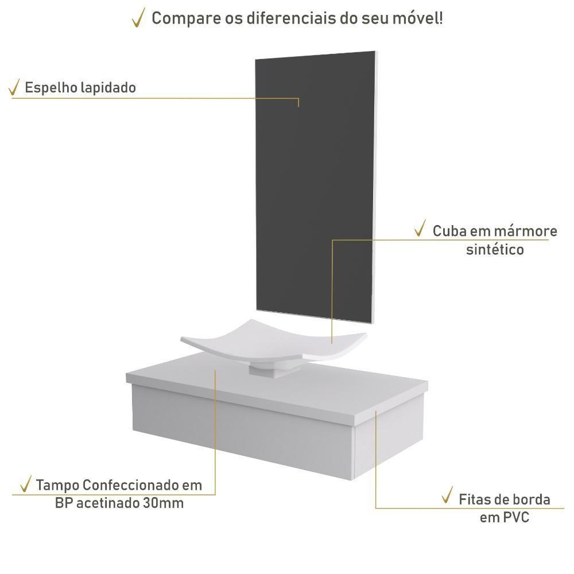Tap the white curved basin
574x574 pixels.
(273, 340)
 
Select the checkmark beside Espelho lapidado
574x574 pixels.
(14, 87)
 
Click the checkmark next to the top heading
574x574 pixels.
(138, 18)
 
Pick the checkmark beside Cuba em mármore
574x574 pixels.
(420, 228)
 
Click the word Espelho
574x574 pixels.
(51, 88)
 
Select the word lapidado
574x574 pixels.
(108, 88)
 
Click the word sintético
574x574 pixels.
(495, 250)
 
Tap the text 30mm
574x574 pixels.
(163, 503)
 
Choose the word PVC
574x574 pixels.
(516, 517)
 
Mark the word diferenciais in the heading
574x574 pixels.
(292, 18)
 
